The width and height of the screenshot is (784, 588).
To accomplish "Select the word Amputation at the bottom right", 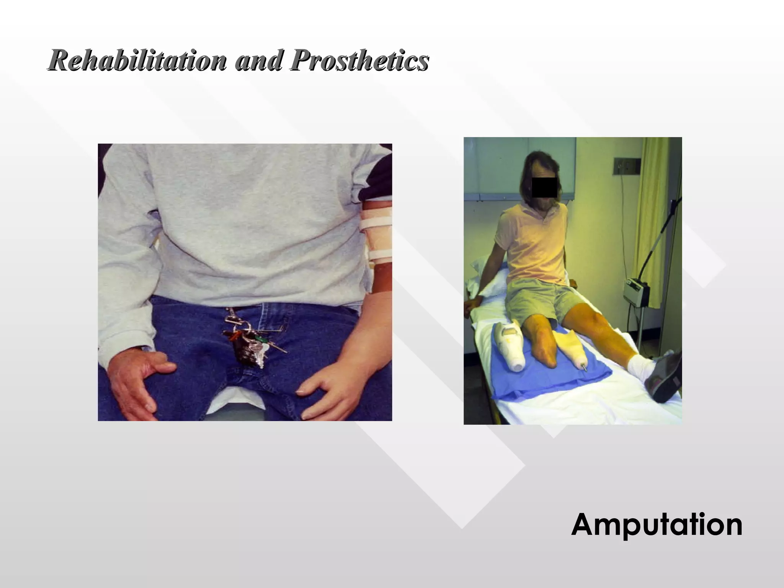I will tap(657, 524).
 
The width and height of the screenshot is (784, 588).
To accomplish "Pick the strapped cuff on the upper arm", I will tap(377, 237).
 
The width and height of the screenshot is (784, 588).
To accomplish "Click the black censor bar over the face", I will tap(544, 188).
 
